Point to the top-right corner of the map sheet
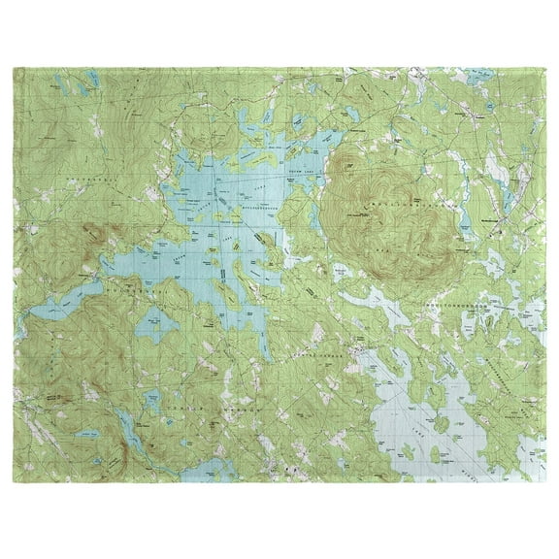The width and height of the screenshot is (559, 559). pos(540,69)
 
